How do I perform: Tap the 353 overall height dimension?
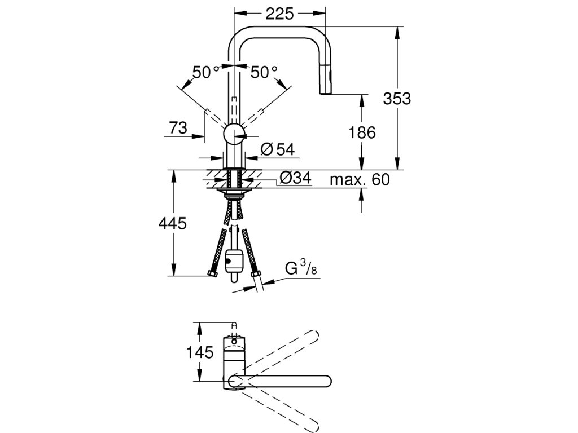click(397, 98)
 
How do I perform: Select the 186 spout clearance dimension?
click(362, 133)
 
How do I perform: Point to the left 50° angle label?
click(205, 72)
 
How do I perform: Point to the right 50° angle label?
click(264, 72)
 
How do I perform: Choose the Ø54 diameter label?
click(278, 149)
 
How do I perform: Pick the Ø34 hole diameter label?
click(295, 179)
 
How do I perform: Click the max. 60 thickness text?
click(360, 180)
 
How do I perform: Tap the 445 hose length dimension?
click(172, 224)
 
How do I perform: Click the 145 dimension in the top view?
click(201, 353)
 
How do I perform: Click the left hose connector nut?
click(213, 275)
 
